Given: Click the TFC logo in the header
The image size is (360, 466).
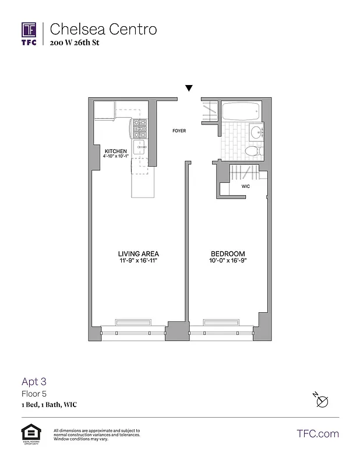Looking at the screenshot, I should tap(29, 33).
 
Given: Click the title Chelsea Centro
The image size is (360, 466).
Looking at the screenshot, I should tap(103, 29).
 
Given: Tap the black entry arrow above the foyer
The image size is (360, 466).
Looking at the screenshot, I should tap(188, 88).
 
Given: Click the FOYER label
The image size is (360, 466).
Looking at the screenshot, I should tap(179, 131).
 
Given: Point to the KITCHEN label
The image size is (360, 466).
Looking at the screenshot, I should tap(115, 151).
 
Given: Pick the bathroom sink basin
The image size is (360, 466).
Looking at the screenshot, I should tap(257, 130).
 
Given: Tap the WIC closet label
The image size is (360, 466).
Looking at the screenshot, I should tap(246, 186).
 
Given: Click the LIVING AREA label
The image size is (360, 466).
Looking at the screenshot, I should tap(138, 254).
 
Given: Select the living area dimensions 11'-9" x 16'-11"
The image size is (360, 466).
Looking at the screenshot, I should tap(138, 261).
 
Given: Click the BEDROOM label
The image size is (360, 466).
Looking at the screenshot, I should tap(227, 254).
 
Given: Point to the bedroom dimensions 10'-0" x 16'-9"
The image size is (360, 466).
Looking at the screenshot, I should tap(227, 261).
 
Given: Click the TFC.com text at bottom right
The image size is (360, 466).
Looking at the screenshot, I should tap(317, 434).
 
